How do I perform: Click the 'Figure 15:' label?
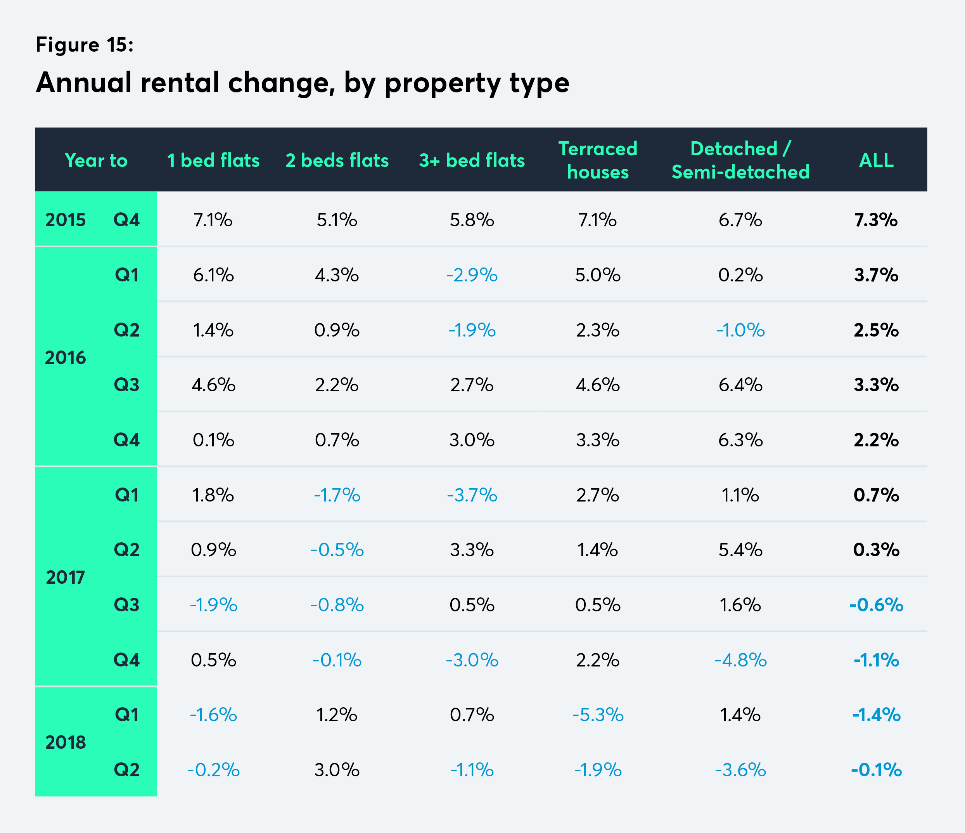pos(84,45)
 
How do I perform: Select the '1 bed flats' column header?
pos(213,160)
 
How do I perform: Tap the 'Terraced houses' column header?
pos(598,160)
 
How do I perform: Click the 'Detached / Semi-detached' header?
pos(740,160)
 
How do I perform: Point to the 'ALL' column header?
pos(876,160)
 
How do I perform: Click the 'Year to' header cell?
pos(96,160)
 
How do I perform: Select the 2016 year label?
pos(65,357)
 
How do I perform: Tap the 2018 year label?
pos(65,742)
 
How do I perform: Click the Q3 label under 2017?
pos(127,605)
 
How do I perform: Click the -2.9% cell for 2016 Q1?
pos(472,275)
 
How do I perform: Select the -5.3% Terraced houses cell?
pos(598,715)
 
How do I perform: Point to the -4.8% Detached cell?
pos(740,660)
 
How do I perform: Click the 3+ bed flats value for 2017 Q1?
pos(472,495)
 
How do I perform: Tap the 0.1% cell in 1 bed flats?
pos(213,440)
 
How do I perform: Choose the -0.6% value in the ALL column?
pos(876,605)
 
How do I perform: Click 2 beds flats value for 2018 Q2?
pos(337,770)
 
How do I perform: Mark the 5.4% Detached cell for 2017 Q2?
pos(740,550)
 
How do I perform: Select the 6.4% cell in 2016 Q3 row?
pos(740,385)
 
